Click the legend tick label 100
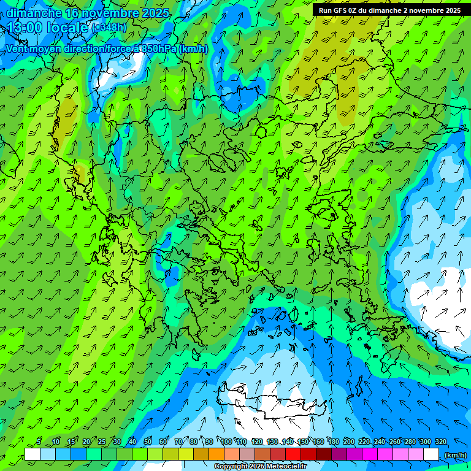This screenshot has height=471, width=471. coord(227,442)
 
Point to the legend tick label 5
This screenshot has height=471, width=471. coord(39,442)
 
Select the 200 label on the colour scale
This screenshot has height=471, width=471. coord(349,442)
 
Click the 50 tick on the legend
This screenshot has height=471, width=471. coord(148,442)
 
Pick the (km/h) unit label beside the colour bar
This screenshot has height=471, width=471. coord(455,455)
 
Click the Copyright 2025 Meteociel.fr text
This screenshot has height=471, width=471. coord(260,467)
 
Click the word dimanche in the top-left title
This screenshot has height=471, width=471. coord(33,12)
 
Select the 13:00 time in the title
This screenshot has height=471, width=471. coord(26,28)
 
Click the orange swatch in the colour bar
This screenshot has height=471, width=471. coord(216,454)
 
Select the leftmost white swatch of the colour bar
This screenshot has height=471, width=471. coord(33,454)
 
